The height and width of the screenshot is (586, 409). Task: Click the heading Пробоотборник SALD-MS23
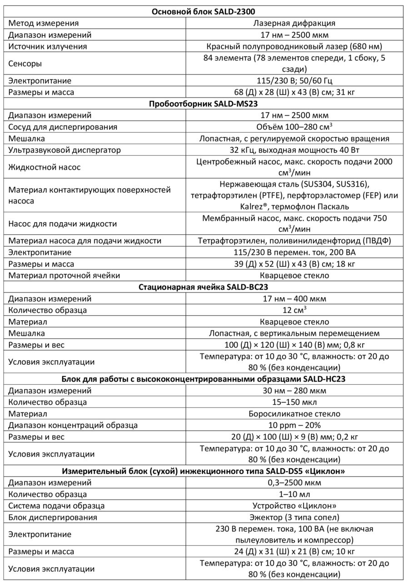click(204, 104)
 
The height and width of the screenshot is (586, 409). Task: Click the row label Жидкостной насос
click(45, 167)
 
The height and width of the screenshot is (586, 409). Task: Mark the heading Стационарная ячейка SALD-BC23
click(204, 287)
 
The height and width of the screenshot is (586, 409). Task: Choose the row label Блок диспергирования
click(53, 517)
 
